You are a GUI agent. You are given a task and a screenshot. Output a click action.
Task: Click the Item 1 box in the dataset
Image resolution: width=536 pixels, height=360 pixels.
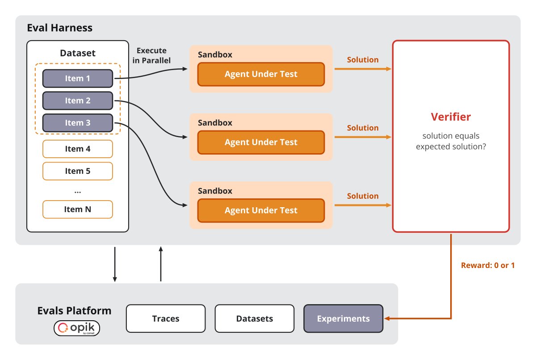coord(78,79)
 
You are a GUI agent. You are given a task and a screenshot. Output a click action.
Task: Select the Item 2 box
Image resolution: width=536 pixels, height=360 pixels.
coord(78,100)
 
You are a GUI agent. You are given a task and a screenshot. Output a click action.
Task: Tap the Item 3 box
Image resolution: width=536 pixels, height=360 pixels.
coord(78,123)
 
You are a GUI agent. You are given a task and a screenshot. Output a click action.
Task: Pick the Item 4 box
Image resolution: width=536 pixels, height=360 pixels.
coord(78,149)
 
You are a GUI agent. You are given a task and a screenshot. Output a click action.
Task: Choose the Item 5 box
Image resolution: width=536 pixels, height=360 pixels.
coord(78,171)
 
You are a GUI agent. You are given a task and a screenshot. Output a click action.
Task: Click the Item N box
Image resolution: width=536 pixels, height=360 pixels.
coord(78,209)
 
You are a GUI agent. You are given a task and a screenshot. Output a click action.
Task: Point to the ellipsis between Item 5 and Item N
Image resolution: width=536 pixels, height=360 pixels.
coord(78,192)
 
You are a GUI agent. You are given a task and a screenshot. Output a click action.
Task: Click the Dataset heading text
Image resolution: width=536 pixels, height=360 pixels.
coord(78,53)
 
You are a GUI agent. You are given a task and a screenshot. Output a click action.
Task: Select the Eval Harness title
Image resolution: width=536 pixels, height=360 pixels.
coord(59,28)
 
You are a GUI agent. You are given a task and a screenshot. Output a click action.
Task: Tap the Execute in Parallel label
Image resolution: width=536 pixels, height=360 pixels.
coord(151,55)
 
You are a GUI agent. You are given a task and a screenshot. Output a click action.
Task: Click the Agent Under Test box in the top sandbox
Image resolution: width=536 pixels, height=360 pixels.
coord(261,74)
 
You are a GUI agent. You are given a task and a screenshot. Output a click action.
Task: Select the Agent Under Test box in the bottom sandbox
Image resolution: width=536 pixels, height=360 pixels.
coord(261,210)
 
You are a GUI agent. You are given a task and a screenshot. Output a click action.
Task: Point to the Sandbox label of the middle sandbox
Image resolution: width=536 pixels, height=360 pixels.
coord(215,123)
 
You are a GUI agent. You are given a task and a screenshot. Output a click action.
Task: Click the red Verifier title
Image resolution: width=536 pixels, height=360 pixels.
coord(451,117)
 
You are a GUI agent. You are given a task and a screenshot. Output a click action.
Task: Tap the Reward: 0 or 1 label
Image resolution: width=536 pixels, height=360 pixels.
coord(488,265)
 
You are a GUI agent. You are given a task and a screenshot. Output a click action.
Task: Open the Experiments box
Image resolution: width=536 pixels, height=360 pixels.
coord(343,318)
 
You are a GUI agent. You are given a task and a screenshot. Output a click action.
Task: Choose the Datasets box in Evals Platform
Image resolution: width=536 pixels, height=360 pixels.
coord(255,318)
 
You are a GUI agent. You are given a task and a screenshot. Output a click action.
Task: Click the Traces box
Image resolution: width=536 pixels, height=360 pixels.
coord(166,318)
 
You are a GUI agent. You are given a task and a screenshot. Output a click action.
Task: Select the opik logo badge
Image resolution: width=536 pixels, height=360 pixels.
coord(77,328)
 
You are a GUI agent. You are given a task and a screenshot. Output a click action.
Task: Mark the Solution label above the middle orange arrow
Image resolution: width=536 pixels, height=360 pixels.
coord(363,128)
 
